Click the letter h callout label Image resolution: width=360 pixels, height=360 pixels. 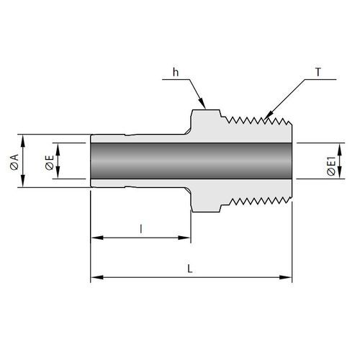[176, 72]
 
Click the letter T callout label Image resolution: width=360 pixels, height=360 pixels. [318, 72]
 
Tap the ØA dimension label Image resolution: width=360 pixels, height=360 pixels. [14, 162]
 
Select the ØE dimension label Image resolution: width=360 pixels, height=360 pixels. [50, 163]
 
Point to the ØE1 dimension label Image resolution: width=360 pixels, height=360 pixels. [331, 166]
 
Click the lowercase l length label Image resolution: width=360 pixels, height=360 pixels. [141, 229]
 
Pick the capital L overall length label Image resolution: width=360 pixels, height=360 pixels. [190, 269]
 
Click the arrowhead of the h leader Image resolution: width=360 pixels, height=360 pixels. [202, 104]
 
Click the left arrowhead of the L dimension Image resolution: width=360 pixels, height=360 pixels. [97, 277]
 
